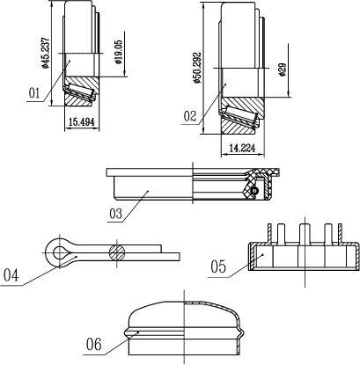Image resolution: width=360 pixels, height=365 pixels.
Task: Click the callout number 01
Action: (34, 93)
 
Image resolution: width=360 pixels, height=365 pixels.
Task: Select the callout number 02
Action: (189, 116)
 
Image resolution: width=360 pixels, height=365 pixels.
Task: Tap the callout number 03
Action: (115, 214)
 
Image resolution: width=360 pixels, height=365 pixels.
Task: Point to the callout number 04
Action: (11, 276)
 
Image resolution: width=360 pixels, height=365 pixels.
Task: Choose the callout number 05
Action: (218, 267)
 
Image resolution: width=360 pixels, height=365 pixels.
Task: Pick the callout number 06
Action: (94, 344)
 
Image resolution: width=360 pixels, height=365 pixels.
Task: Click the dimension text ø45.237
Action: (45, 53)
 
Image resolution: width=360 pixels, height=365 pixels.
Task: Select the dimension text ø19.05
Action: (119, 52)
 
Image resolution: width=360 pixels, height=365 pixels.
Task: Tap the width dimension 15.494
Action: (81, 122)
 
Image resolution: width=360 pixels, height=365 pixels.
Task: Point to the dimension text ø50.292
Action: (197, 68)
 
